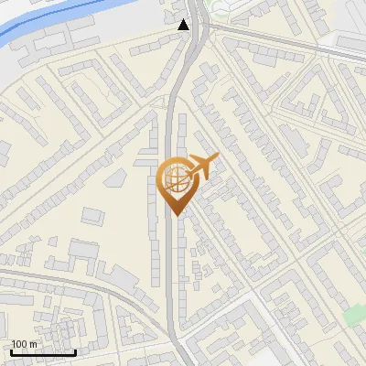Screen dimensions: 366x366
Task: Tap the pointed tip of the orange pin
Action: (175, 216)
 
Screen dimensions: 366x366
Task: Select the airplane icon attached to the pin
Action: (202, 167)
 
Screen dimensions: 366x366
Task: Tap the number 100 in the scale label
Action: (20, 344)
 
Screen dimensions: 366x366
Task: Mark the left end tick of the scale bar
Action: (11, 350)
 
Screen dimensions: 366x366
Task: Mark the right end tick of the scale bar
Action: (75, 350)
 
